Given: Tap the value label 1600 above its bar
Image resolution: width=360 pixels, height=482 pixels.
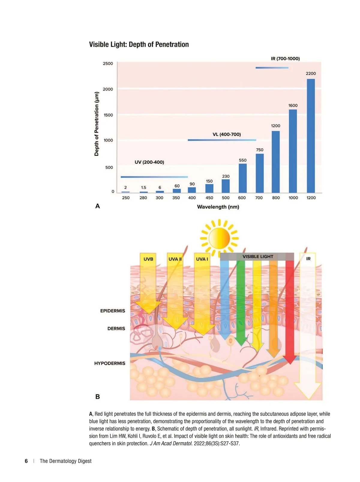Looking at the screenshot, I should [x=293, y=106].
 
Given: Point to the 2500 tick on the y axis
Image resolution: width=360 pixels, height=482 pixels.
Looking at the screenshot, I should [x=108, y=64].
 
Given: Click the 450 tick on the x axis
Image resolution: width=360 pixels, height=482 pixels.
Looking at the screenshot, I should [x=209, y=198].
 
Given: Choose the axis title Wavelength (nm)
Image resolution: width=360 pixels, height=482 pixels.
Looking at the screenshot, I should [x=218, y=207].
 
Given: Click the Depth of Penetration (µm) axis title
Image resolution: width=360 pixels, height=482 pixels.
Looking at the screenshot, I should [x=97, y=124].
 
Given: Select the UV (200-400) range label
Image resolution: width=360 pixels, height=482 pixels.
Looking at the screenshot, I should [x=149, y=162].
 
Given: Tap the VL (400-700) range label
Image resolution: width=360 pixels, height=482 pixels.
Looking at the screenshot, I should [x=226, y=134].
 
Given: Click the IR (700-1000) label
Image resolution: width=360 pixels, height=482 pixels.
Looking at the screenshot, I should [x=285, y=59].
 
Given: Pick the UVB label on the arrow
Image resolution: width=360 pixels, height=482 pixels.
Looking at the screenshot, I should [x=148, y=259].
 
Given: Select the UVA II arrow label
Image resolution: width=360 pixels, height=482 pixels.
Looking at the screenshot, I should [x=175, y=259].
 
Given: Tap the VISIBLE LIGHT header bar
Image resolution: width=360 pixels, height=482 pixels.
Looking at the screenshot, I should [x=257, y=257].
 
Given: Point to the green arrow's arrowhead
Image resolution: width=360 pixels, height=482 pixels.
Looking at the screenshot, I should [x=241, y=342].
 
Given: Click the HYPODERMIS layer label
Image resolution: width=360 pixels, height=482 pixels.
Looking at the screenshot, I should [x=110, y=363].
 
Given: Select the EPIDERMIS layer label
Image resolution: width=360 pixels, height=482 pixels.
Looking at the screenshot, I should [x=112, y=311].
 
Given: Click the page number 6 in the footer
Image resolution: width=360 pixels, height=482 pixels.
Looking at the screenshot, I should [x=26, y=461].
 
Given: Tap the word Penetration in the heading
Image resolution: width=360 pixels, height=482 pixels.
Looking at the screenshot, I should [x=172, y=44].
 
